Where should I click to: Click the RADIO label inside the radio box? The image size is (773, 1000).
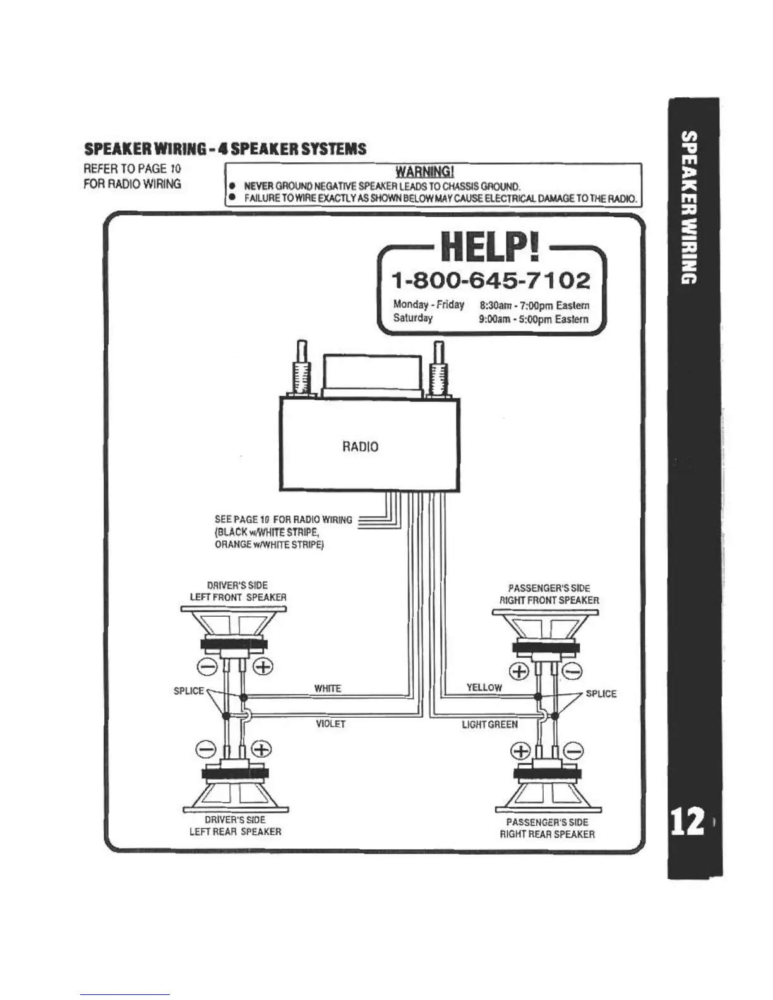click(360, 447)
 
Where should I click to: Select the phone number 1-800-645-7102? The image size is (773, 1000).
click(491, 280)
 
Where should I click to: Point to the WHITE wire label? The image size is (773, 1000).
click(327, 689)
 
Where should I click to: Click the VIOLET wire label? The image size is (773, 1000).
click(330, 724)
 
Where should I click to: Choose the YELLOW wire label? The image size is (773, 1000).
click(484, 687)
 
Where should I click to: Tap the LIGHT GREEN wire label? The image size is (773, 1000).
click(489, 725)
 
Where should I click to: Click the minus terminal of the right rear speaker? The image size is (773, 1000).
click(573, 751)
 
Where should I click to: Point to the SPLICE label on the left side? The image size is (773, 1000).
click(188, 691)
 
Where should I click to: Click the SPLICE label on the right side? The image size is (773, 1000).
click(601, 694)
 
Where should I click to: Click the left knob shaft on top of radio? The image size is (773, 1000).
click(301, 370)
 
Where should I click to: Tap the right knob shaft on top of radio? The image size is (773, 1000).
click(437, 370)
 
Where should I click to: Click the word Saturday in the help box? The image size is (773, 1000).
click(412, 318)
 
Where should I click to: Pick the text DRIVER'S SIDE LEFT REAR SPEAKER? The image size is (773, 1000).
click(235, 826)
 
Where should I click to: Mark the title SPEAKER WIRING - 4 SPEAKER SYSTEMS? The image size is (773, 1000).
click(225, 149)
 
